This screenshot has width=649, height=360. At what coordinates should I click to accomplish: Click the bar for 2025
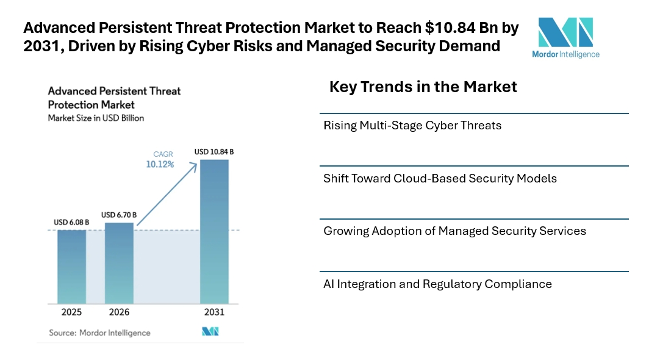point(72,267)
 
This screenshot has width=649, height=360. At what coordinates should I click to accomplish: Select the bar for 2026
point(119,263)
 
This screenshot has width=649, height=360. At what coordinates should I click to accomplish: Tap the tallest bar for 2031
point(215,231)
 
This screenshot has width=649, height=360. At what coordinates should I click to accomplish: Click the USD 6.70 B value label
point(119,215)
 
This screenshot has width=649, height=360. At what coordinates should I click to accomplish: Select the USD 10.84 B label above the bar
point(215,151)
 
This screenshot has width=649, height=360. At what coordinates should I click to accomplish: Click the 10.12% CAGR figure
point(159,164)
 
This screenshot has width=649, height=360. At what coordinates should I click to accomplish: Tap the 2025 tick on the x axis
point(72,312)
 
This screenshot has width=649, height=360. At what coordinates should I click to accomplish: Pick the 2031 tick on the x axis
point(215,312)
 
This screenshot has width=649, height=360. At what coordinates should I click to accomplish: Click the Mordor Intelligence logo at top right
point(565,37)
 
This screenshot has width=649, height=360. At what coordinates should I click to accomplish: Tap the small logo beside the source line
point(210,332)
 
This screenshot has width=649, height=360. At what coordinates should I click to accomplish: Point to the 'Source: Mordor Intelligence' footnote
point(99,333)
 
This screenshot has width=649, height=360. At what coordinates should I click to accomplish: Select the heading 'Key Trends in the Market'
point(423,87)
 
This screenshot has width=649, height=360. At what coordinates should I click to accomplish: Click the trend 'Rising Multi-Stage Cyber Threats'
point(412,126)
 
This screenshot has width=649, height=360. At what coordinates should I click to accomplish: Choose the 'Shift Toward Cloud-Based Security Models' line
point(440,179)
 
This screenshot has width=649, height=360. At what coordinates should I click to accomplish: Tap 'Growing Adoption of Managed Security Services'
point(454,231)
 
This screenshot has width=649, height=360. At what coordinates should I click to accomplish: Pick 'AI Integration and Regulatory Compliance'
point(437,284)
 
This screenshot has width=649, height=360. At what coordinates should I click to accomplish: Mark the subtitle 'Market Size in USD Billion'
point(96,118)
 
